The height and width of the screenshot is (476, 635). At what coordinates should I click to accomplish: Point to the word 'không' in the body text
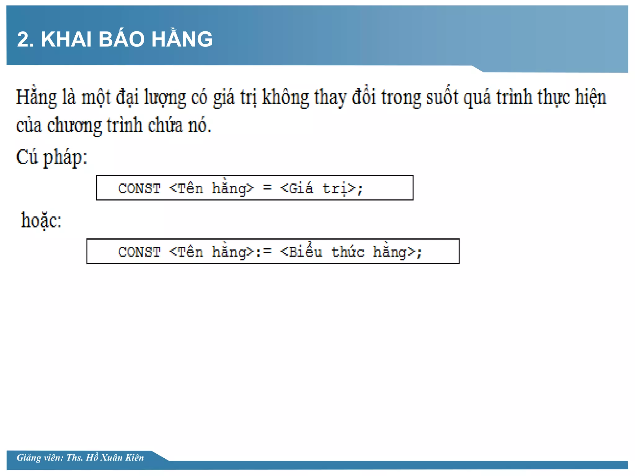[x=286, y=98]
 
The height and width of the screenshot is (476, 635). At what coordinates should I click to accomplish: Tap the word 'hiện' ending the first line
[x=590, y=97]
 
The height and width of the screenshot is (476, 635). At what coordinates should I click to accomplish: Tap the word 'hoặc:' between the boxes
[x=41, y=221]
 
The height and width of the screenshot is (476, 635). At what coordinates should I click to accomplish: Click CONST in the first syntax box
[x=139, y=188]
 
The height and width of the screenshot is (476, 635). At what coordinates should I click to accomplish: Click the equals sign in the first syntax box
[x=267, y=188]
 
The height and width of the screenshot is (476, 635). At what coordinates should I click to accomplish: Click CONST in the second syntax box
[x=139, y=252]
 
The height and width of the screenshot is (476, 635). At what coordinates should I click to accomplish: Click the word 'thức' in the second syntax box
[x=348, y=251]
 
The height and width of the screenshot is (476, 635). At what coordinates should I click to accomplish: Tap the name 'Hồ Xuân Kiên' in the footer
[x=115, y=458]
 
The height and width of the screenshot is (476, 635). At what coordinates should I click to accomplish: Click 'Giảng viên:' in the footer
[x=40, y=458]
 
